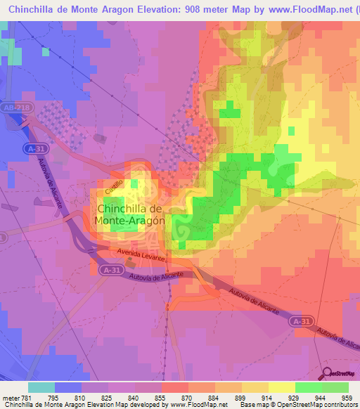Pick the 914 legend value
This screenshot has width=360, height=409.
255,398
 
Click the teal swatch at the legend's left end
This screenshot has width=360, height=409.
41,387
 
